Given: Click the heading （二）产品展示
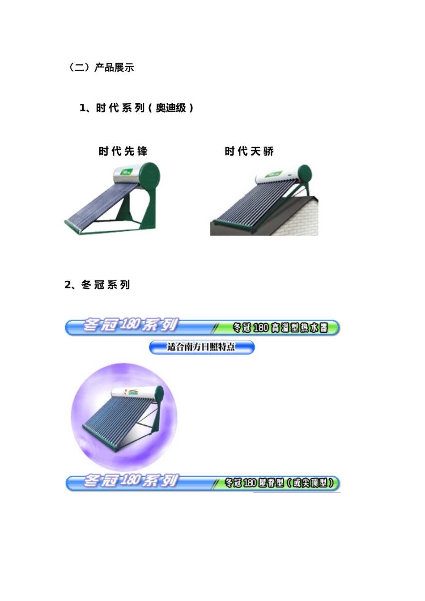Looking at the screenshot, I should click(x=101, y=68).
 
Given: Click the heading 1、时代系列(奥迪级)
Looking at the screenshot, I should click(x=136, y=108).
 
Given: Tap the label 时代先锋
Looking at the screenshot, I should click(x=123, y=151).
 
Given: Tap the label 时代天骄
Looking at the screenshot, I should click(x=249, y=151).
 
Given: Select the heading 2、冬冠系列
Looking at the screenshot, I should click(x=97, y=285).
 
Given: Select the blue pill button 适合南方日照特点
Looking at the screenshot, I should click(x=201, y=347).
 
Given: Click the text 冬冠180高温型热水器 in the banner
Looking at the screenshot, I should click(x=280, y=328).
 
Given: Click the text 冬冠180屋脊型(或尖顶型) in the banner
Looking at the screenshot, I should click(x=279, y=483).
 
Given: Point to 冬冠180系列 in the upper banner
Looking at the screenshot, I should click(x=131, y=325).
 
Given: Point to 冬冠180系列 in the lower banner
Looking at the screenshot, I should click(x=131, y=481).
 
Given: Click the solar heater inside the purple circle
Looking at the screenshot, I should click(x=125, y=416).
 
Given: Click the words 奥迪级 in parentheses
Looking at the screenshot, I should click(x=171, y=108).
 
